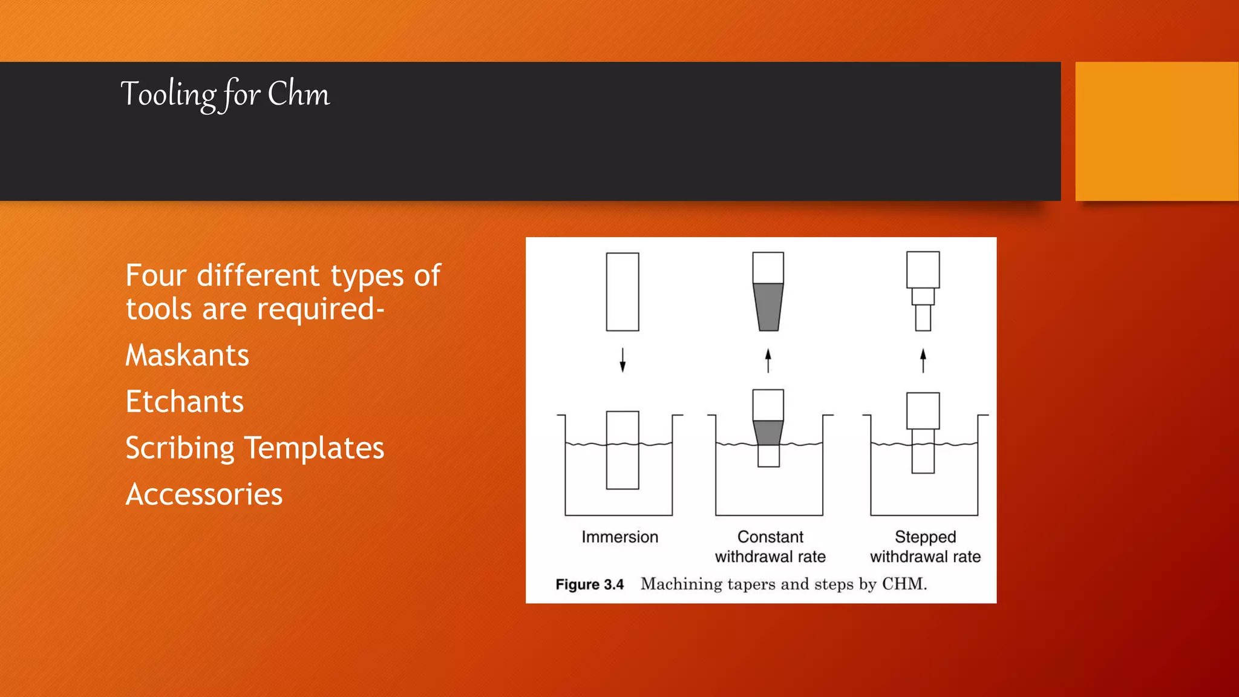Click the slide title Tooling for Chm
(x=225, y=94)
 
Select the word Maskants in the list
(x=187, y=355)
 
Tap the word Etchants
(x=185, y=402)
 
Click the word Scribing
(x=180, y=449)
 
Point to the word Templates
(x=314, y=448)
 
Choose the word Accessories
(x=204, y=494)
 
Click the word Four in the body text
(x=156, y=276)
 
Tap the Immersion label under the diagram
(x=619, y=537)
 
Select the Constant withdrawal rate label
(x=770, y=546)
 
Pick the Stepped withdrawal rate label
(x=925, y=546)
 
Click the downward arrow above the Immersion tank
(x=623, y=360)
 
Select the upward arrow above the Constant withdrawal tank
(x=768, y=360)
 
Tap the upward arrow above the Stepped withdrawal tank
(x=923, y=360)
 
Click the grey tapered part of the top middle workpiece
(x=768, y=307)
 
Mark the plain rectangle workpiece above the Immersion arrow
(x=623, y=292)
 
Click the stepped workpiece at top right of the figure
(x=923, y=290)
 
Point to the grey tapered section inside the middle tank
(x=768, y=433)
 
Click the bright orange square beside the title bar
(x=1157, y=131)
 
